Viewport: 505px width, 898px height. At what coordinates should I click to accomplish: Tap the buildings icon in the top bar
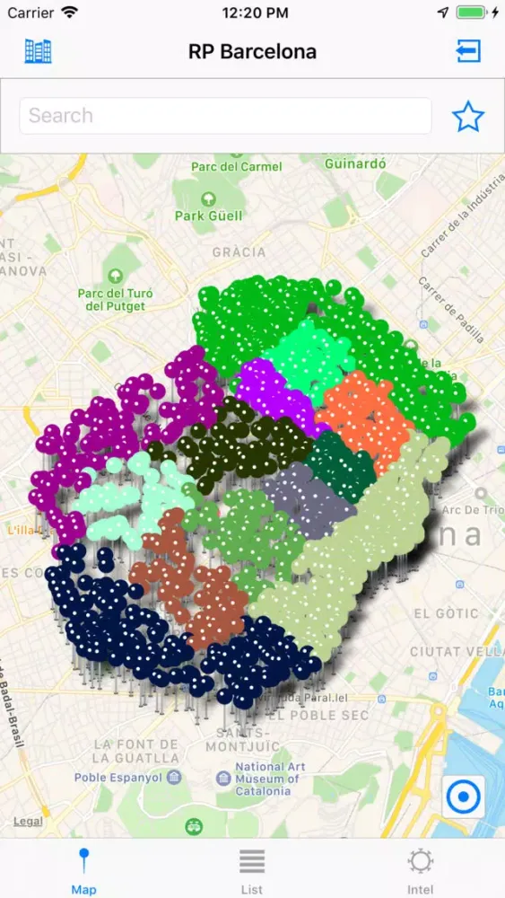[38, 51]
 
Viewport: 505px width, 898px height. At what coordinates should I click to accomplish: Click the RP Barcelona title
[252, 52]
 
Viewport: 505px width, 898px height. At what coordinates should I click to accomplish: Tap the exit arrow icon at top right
[468, 51]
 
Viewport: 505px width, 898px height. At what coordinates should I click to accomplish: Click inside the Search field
[225, 116]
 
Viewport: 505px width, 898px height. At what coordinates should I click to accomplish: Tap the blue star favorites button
[467, 116]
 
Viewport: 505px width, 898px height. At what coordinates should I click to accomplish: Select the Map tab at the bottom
[83, 870]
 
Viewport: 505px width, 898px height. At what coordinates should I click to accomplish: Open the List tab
[252, 870]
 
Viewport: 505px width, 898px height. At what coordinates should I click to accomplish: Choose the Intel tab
[420, 870]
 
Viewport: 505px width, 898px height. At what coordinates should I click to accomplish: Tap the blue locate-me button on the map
[464, 797]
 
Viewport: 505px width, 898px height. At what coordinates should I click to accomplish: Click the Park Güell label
[208, 216]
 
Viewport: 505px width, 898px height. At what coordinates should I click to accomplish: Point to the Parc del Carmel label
[237, 166]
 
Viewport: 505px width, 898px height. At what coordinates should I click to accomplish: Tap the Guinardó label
[355, 164]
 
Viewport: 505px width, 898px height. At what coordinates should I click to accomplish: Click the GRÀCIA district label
[239, 252]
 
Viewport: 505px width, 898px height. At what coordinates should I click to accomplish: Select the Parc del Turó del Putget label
[114, 298]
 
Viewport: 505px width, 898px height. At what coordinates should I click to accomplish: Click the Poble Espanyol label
[116, 778]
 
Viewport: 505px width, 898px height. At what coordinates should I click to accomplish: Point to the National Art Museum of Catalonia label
[263, 779]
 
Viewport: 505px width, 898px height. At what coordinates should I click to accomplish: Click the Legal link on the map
[28, 821]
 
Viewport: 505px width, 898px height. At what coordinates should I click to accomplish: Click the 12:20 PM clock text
[255, 13]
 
